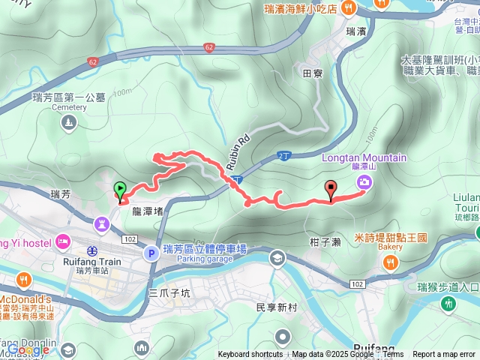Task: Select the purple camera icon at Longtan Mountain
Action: [x=364, y=182]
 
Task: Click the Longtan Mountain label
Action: [x=364, y=158]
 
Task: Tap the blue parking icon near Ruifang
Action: [x=151, y=253]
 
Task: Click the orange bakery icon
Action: [x=390, y=262]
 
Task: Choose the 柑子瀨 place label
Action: [x=325, y=242]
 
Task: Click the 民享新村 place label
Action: [x=277, y=308]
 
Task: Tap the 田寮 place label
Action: [x=313, y=73]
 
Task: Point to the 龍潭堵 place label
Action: [x=147, y=212]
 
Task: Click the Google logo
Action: [x=28, y=349]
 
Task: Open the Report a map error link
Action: [x=445, y=355]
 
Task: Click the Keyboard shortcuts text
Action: [x=250, y=355]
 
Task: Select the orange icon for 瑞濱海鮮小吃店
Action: [x=348, y=7]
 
